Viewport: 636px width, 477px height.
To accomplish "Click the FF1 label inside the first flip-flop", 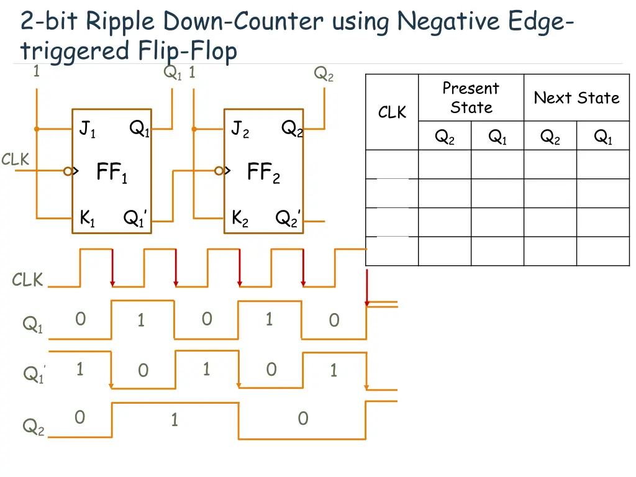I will [x=112, y=172].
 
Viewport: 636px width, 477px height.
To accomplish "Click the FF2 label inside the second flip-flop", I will [x=263, y=172].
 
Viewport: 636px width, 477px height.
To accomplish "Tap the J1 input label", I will [x=88, y=129].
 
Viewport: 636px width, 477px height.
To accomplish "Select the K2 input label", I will [x=240, y=218].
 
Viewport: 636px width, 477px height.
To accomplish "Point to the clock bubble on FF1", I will [x=68, y=171].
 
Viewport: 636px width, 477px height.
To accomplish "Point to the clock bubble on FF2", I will [x=219, y=171].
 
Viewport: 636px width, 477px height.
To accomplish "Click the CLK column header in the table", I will [x=392, y=112].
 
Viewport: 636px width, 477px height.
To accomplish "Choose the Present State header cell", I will [x=471, y=98].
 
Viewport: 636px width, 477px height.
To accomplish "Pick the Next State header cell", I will [x=576, y=98].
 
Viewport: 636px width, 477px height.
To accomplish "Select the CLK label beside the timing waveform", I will [x=27, y=280].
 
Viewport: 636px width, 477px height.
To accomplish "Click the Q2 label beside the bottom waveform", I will [x=34, y=427].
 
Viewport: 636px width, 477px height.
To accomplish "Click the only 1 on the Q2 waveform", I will [x=175, y=420].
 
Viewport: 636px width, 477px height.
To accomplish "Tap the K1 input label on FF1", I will [x=88, y=218].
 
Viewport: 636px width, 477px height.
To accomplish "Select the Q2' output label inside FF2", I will [x=288, y=218].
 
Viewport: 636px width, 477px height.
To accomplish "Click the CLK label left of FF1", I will [x=15, y=160].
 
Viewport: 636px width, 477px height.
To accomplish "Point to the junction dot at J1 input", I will [x=37, y=129].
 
